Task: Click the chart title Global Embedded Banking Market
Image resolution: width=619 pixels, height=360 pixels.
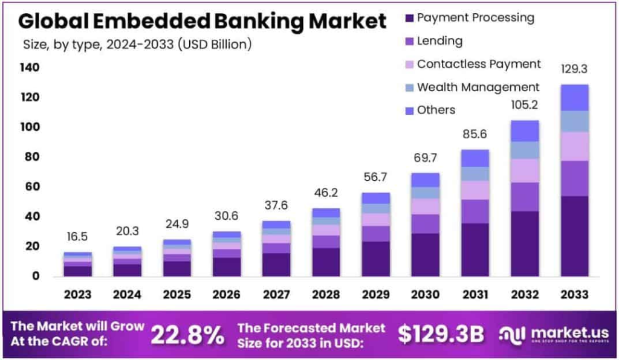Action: pyautogui.click(x=202, y=21)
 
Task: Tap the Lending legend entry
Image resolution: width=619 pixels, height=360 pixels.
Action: pyautogui.click(x=439, y=41)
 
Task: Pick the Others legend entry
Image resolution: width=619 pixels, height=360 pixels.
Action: pyautogui.click(x=436, y=110)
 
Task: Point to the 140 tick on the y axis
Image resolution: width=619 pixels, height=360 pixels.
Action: pyautogui.click(x=29, y=68)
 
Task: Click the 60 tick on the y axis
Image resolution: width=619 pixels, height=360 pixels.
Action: pyautogui.click(x=31, y=187)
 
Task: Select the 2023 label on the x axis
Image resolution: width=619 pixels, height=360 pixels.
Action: pyautogui.click(x=77, y=295)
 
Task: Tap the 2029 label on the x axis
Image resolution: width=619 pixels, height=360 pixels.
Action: pyautogui.click(x=375, y=295)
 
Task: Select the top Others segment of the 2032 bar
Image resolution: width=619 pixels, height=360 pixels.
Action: pyautogui.click(x=524, y=131)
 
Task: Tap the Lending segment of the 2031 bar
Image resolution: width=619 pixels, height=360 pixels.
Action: pyautogui.click(x=475, y=211)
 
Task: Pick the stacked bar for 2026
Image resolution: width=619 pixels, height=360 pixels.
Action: pyautogui.click(x=226, y=254)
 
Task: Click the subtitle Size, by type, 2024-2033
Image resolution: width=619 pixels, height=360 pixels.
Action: pyautogui.click(x=137, y=44)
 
